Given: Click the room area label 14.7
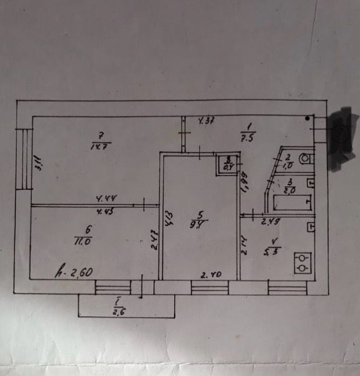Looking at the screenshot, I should click(x=101, y=146).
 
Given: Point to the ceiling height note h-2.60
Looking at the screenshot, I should click(x=74, y=273).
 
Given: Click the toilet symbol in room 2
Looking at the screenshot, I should click(x=304, y=159).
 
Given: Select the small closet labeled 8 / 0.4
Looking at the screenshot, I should click(x=228, y=165).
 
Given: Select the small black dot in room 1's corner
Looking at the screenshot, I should click(x=307, y=118).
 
